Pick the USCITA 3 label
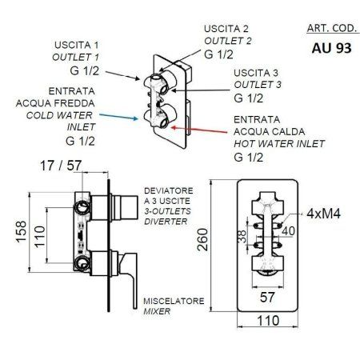point(256,71)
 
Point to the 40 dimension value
point(290,230)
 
